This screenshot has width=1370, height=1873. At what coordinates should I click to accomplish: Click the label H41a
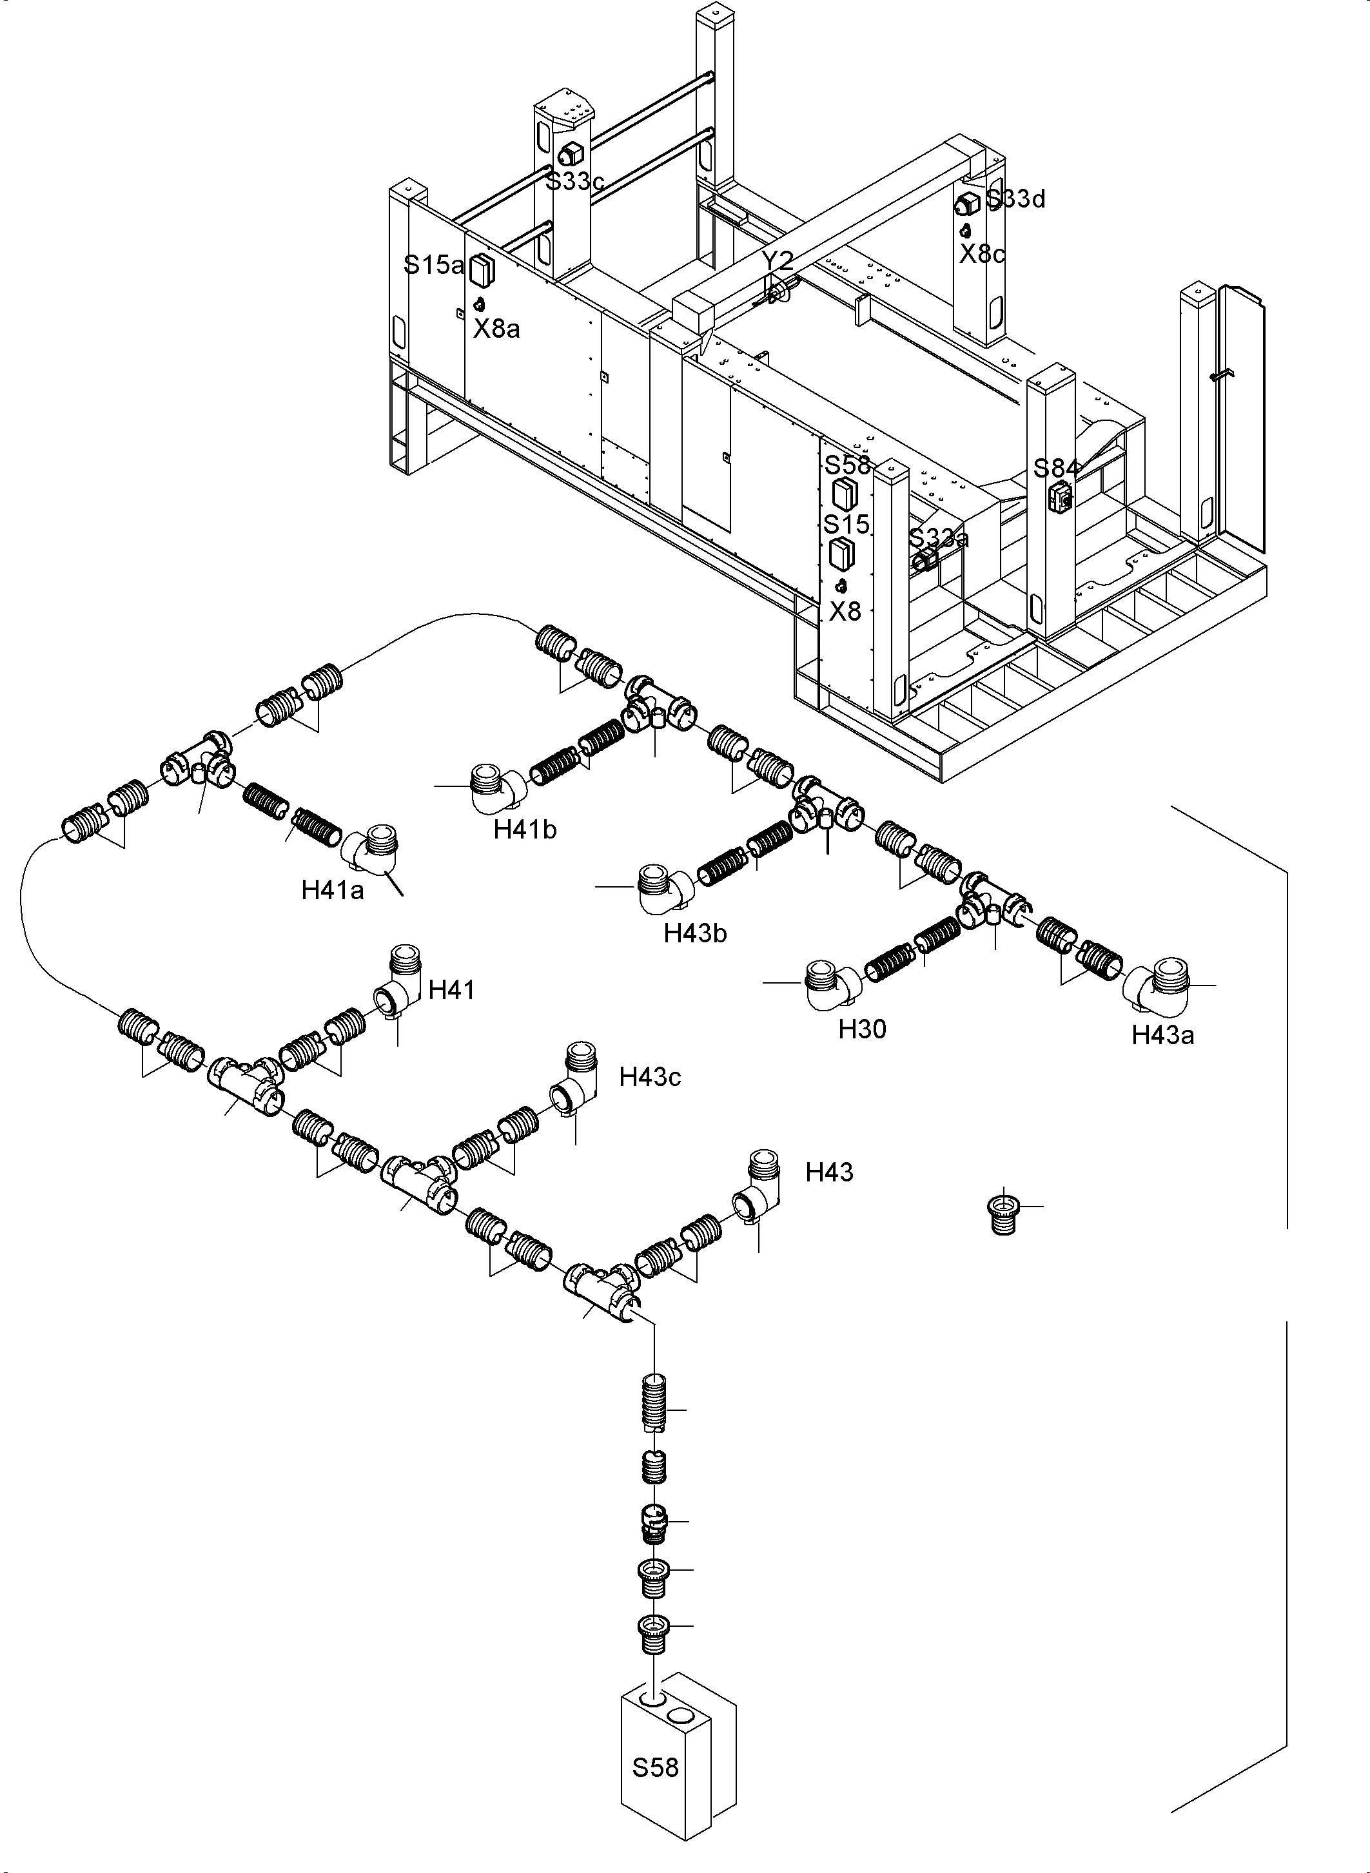click(x=333, y=891)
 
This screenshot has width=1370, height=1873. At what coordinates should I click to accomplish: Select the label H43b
click(x=695, y=933)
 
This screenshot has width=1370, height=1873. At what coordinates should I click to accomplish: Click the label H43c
click(x=650, y=1077)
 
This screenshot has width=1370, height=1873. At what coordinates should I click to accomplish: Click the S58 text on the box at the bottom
click(x=655, y=1768)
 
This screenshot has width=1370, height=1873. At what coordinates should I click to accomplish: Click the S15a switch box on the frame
click(x=481, y=269)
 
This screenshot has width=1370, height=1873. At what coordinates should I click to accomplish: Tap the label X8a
click(x=497, y=329)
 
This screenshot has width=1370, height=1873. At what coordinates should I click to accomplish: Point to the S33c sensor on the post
click(x=571, y=153)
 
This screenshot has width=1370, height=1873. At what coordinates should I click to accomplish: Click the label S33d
click(x=1017, y=199)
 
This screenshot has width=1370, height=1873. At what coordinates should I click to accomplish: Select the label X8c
click(x=982, y=254)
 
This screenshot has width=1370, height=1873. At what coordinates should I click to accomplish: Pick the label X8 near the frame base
click(x=846, y=611)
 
